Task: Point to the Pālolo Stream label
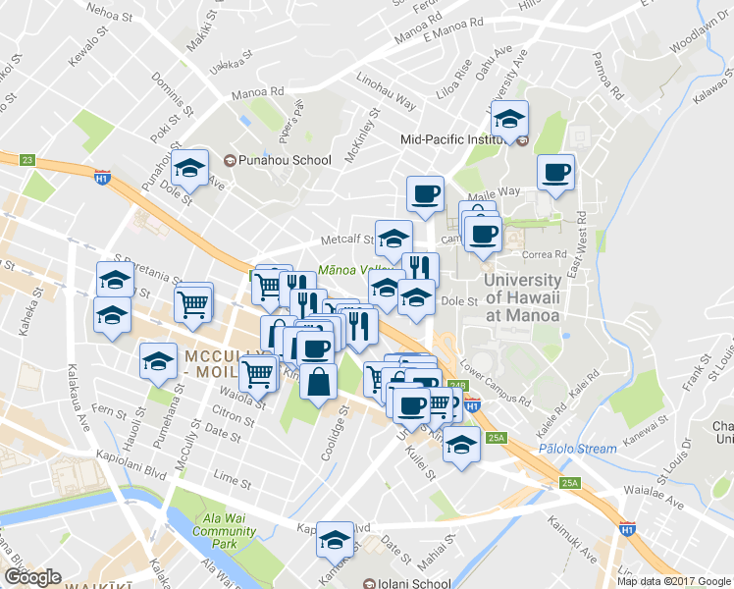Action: [x=578, y=449]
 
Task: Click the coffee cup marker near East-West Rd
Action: [x=555, y=173]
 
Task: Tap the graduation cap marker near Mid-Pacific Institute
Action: [x=509, y=121]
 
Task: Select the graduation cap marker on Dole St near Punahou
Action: [x=190, y=168]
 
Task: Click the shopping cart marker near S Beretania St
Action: [x=193, y=303]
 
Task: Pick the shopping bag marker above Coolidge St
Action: [x=319, y=382]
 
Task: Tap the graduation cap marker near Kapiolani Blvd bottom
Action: [x=335, y=539]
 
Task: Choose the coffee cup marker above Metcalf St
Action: [x=424, y=194]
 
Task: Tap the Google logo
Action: [x=32, y=577]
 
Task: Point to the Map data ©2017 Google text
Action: [x=674, y=581]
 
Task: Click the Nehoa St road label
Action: [x=109, y=14]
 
